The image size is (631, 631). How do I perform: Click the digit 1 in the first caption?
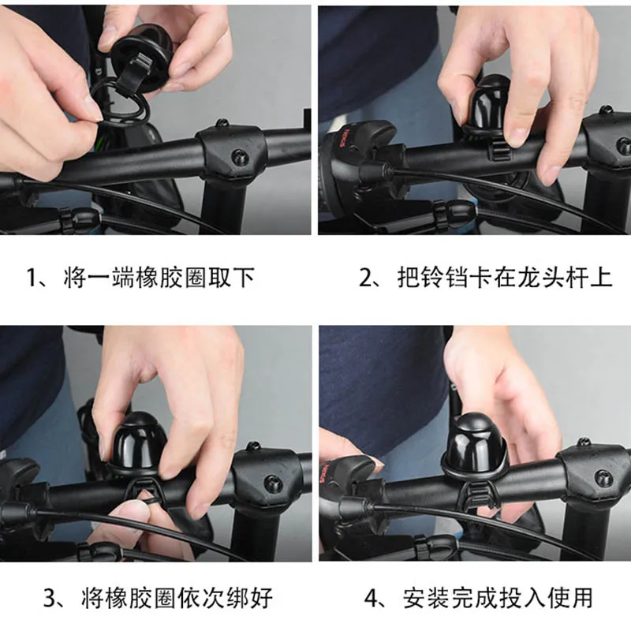click(x=32, y=278)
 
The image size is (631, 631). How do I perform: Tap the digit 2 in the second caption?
click(x=366, y=278)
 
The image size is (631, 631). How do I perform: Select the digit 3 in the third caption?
click(x=50, y=598)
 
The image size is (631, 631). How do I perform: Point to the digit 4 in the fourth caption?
click(x=372, y=598)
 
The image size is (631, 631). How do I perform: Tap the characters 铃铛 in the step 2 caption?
click(x=446, y=278)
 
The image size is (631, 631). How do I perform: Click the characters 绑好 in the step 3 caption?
click(x=249, y=598)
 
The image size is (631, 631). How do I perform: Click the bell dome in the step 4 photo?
click(x=475, y=442)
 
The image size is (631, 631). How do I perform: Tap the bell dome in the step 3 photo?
click(x=138, y=442)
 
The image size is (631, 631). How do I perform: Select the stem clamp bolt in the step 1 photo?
click(x=241, y=155)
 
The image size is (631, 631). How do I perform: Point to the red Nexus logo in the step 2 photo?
click(x=346, y=138)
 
